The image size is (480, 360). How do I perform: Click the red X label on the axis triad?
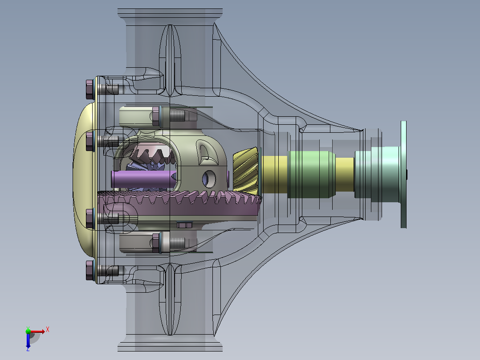tap(48, 330)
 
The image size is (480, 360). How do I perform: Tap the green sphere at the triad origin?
tap(28, 331)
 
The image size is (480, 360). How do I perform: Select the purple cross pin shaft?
tap(143, 179)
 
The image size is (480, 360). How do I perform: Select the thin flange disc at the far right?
tap(403, 174)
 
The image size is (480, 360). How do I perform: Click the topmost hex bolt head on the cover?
tap(90, 89)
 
